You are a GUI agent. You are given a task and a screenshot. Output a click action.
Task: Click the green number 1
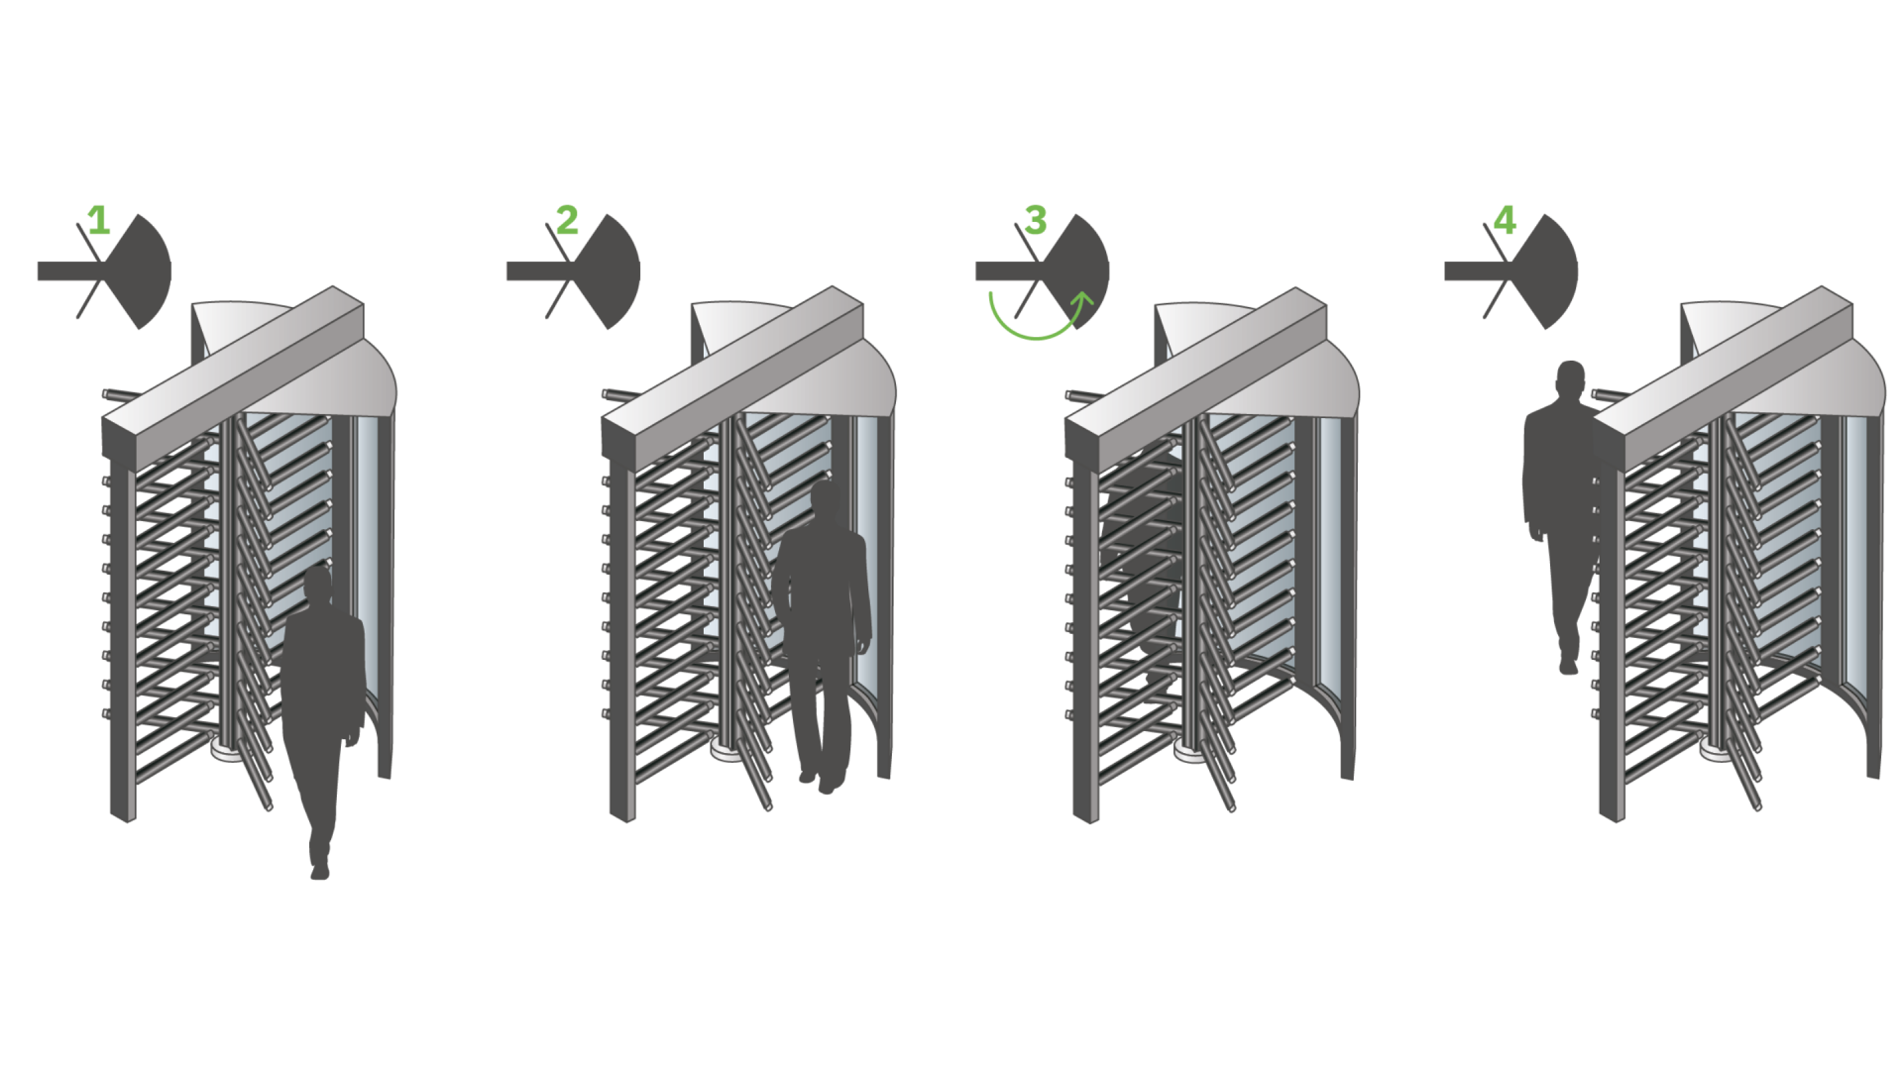point(98,220)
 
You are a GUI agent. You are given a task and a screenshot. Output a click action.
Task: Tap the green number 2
point(567,220)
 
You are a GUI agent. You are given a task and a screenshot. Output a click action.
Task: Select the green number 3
point(1036,220)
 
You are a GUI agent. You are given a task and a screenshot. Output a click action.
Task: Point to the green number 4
point(1505,220)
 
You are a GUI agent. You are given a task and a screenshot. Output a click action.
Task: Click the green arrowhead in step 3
point(1084,297)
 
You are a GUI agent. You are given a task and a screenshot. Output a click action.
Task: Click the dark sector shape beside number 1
point(145,270)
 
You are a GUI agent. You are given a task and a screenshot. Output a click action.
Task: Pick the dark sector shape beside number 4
point(1550,270)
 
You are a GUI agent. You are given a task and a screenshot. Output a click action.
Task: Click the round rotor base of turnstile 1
point(226,750)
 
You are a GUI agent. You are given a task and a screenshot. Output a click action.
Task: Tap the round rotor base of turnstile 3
point(1188,751)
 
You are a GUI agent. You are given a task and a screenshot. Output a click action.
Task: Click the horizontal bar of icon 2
point(535,270)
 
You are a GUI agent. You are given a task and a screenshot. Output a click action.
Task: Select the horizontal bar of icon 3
point(1004,270)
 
